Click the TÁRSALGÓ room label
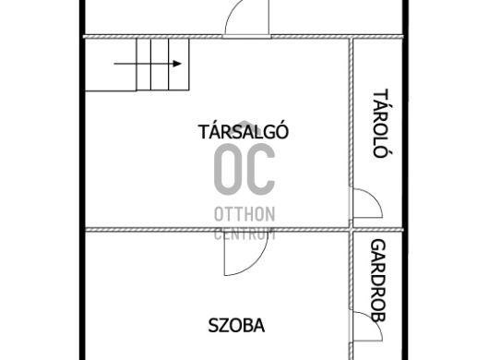[244, 131]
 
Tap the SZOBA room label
[236, 326]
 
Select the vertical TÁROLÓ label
[381, 123]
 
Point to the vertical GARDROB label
[378, 281]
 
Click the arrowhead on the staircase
[177, 64]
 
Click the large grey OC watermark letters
[244, 170]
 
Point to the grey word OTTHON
[244, 214]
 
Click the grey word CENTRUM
[244, 234]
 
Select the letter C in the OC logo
[261, 170]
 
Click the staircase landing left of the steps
[111, 65]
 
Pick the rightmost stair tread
[179, 65]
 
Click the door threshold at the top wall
[246, 37]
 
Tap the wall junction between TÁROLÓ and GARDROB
[352, 230]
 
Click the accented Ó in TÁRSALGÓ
[282, 131]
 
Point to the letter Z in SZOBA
[223, 326]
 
